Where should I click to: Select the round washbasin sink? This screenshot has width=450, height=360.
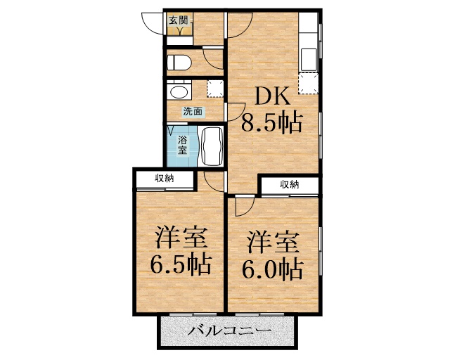click(179, 92)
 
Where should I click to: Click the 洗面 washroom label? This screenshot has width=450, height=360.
click(193, 111)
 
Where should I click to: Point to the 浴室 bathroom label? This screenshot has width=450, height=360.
click(182, 144)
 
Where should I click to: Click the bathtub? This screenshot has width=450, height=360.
click(212, 146)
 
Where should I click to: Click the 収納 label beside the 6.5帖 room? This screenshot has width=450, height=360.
click(165, 179)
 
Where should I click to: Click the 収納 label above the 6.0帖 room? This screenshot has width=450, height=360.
click(289, 185)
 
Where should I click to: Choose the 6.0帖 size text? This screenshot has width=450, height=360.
click(273, 269)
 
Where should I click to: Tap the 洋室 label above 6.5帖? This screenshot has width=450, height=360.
click(181, 238)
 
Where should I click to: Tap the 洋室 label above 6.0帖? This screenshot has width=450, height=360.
click(273, 242)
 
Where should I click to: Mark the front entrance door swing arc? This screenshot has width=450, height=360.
click(151, 22)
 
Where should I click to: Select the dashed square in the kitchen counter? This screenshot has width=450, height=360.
click(308, 84)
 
